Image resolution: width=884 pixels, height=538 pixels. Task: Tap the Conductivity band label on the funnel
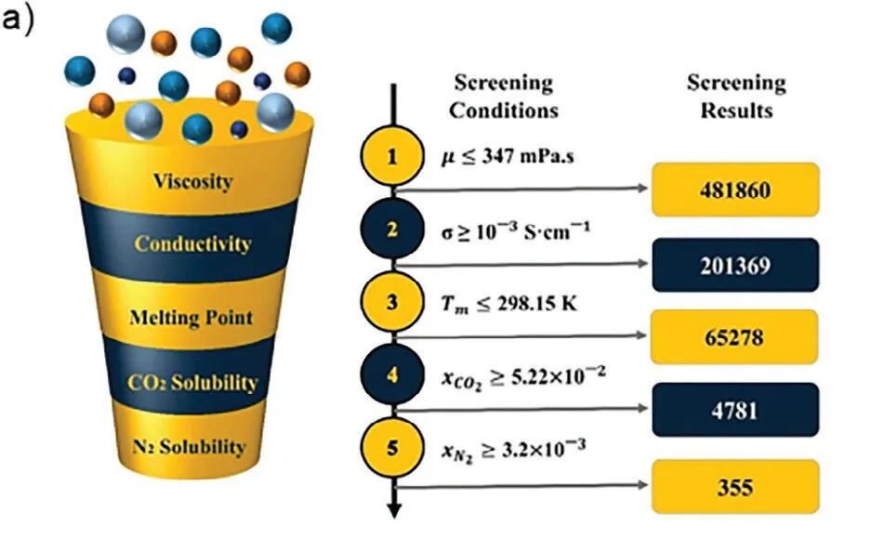click(x=192, y=244)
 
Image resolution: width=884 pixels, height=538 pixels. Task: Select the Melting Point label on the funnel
click(x=192, y=318)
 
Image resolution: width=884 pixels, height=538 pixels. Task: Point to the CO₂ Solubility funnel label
click(x=194, y=382)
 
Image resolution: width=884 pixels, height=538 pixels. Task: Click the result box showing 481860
click(x=736, y=190)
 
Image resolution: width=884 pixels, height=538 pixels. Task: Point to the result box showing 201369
click(x=736, y=265)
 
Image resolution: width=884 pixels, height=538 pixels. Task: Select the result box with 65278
click(x=736, y=336)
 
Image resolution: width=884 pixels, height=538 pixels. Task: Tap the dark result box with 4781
click(x=736, y=410)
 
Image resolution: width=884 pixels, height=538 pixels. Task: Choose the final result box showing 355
click(x=736, y=486)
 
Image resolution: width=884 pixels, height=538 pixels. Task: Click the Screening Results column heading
click(x=736, y=96)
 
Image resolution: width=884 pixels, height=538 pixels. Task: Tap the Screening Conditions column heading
click(x=504, y=96)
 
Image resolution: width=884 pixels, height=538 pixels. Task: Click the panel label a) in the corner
click(x=20, y=20)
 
